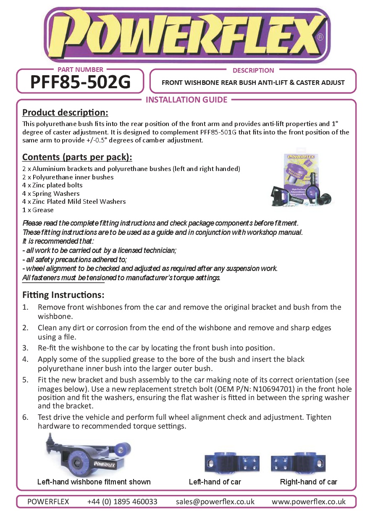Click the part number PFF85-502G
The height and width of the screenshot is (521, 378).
tap(80, 82)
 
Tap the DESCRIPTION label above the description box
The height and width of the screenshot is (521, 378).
tap(253, 70)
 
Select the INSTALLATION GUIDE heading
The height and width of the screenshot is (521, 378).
tap(186, 100)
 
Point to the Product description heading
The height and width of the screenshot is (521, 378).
tap(65, 113)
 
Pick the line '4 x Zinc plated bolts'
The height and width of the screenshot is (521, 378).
tap(52, 185)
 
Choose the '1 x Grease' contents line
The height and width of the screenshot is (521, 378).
tap(38, 210)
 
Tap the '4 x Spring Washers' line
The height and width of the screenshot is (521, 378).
tap(51, 194)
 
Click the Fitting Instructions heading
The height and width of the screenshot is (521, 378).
tap(63, 295)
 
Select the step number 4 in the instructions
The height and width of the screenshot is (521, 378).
tap(25, 359)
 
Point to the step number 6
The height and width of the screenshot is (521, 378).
tap(25, 417)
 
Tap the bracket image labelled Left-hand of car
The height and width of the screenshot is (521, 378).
tap(231, 463)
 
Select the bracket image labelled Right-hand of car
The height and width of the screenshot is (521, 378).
tap(298, 463)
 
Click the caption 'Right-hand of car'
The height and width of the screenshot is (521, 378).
tap(308, 482)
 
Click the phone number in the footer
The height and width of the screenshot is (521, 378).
tap(122, 502)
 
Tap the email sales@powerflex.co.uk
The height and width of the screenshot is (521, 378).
tap(215, 502)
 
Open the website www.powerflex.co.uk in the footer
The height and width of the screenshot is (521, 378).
tap(308, 502)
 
